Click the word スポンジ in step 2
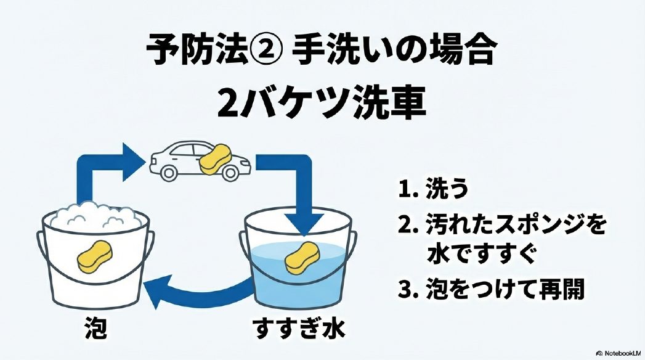coord(527,226)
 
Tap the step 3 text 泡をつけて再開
coord(505,290)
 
